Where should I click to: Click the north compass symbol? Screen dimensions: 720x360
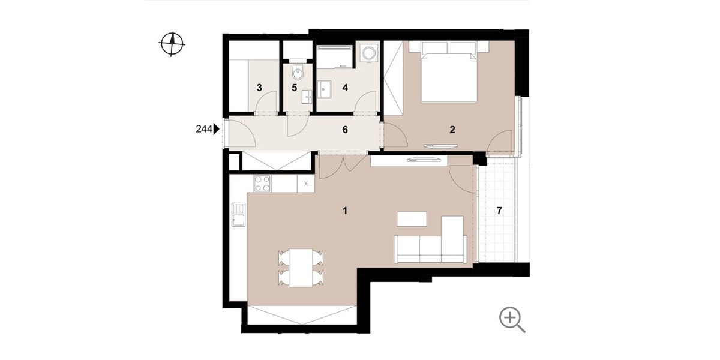(172, 44)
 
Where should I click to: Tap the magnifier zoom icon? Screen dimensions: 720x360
(512, 319)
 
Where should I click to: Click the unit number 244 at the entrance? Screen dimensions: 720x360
(204, 129)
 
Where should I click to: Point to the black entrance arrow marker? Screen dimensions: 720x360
(217, 129)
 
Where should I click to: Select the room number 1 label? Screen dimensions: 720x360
(345, 211)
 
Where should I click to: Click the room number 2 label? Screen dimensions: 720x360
(452, 130)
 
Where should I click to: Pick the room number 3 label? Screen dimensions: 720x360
(259, 88)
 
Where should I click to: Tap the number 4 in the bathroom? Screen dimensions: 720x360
(345, 88)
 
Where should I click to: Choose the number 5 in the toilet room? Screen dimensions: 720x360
(295, 88)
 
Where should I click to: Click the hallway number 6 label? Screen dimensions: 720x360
(345, 130)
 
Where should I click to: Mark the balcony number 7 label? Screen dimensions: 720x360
(499, 211)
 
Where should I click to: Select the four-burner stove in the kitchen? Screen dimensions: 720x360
(262, 184)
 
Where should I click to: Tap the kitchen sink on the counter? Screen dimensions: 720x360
(238, 215)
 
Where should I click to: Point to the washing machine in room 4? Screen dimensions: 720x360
(368, 53)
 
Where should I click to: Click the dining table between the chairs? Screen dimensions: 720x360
(301, 268)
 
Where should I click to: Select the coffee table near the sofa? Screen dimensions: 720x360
(412, 219)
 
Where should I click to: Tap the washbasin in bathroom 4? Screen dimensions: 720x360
(323, 89)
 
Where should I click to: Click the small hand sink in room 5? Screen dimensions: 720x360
(307, 97)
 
